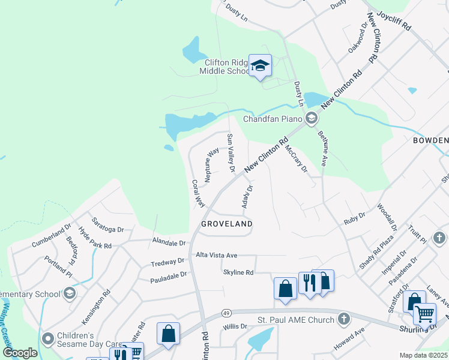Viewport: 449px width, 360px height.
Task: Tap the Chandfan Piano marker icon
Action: pyautogui.click(x=311, y=118)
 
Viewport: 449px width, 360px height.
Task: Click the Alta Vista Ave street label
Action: pyautogui.click(x=217, y=255)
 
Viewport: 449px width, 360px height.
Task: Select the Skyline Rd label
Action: pyautogui.click(x=238, y=272)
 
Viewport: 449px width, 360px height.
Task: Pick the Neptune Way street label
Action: pyautogui.click(x=211, y=166)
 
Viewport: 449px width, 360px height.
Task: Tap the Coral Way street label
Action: pyautogui.click(x=198, y=194)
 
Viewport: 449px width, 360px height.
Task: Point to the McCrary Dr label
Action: pyautogui.click(x=296, y=158)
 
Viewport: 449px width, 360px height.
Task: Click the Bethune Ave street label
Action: pyautogui.click(x=322, y=148)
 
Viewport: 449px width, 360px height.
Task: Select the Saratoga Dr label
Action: pyautogui.click(x=107, y=225)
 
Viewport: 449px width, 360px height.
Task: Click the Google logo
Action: pyautogui.click(x=20, y=353)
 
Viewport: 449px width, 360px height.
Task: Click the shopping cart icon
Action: pyautogui.click(x=424, y=314)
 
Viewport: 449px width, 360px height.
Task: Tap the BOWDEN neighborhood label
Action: pyautogui.click(x=430, y=140)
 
